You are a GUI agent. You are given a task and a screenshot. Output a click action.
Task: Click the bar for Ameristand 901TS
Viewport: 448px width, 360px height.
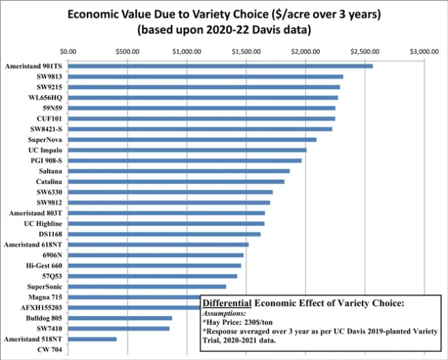coord(220,66)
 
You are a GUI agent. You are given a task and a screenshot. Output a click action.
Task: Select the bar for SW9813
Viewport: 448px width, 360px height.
coord(206,76)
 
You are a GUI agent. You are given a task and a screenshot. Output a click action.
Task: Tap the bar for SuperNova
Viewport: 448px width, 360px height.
coord(192,139)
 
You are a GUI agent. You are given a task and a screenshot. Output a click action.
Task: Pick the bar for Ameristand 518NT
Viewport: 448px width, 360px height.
coord(92,339)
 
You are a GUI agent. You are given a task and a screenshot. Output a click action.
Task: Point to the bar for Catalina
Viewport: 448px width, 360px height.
coord(176,181)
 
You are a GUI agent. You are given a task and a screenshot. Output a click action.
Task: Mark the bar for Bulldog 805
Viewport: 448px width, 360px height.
coord(120,318)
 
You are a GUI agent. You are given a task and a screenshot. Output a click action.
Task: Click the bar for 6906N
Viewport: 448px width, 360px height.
coord(156,255)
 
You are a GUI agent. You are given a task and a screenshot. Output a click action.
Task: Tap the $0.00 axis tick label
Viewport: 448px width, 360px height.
coord(69,52)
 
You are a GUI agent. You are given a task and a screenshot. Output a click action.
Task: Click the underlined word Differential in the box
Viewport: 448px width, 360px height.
coord(227,303)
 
